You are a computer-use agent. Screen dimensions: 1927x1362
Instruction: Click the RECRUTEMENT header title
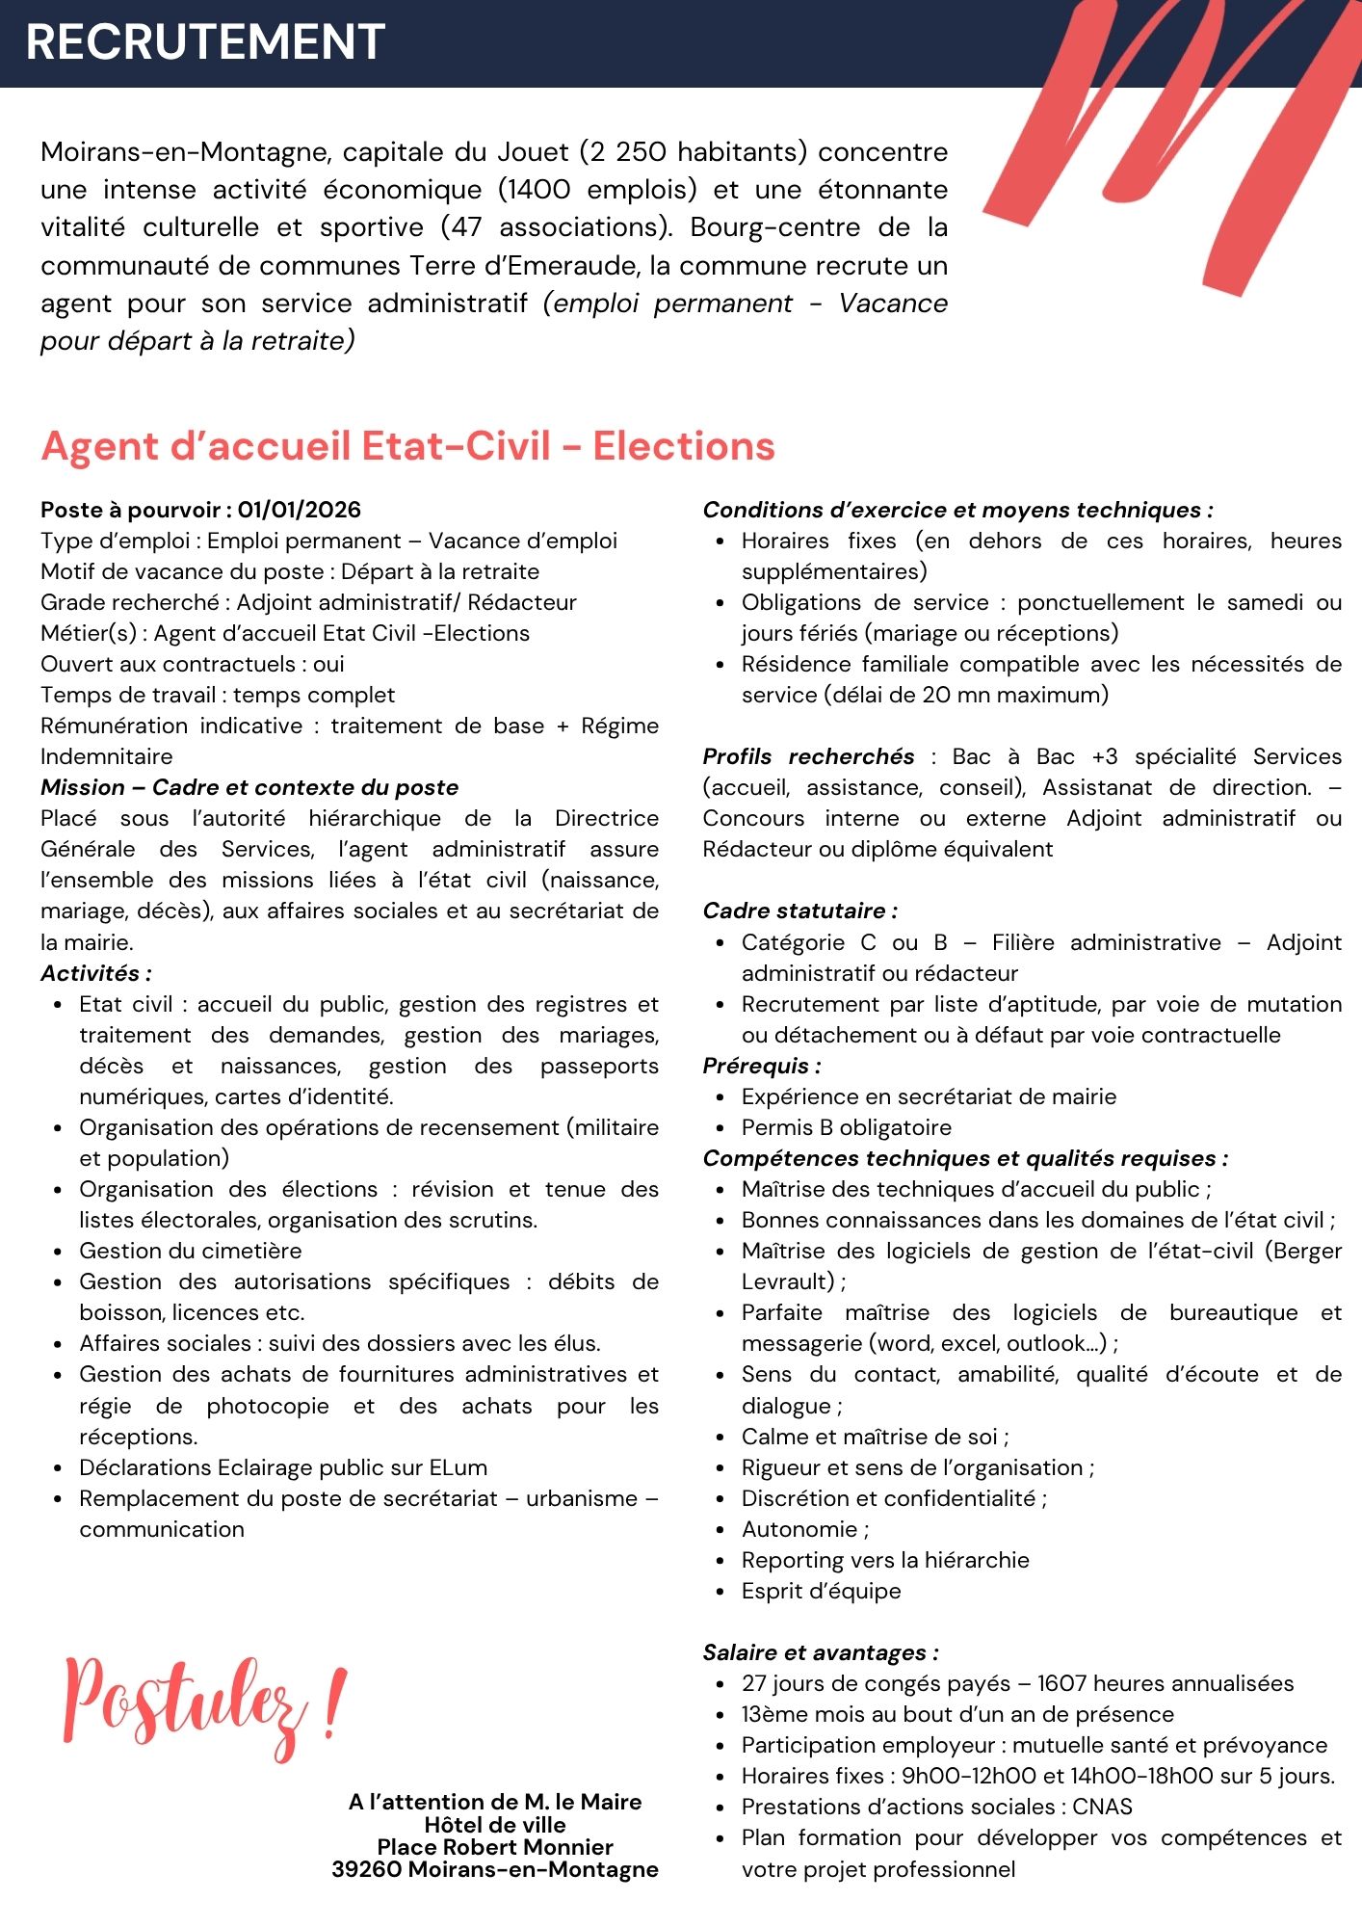click(x=205, y=42)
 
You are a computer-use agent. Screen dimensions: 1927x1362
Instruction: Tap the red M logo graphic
click(x=1170, y=145)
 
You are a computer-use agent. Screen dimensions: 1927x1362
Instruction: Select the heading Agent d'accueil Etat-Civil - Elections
click(x=407, y=446)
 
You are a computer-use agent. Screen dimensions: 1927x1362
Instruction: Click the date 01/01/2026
click(x=300, y=510)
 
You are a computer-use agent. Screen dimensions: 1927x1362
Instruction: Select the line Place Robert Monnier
click(x=495, y=1847)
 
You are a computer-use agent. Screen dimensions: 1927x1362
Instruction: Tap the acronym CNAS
click(x=1102, y=1807)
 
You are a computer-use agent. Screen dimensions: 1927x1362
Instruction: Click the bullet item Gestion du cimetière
click(x=191, y=1251)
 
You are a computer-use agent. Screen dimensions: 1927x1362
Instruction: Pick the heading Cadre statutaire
click(x=799, y=911)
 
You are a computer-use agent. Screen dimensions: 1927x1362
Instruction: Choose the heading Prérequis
click(x=761, y=1066)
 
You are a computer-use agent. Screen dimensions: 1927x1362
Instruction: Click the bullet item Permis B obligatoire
click(x=846, y=1127)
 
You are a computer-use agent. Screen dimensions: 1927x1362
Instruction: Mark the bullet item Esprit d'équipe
click(x=821, y=1591)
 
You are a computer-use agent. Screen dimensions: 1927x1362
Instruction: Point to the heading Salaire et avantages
click(x=820, y=1652)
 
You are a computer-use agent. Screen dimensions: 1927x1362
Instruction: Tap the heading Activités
click(x=95, y=973)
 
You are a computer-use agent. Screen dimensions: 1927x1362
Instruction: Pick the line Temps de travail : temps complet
click(x=218, y=695)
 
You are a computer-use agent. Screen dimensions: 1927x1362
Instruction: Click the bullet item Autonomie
click(x=804, y=1529)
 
